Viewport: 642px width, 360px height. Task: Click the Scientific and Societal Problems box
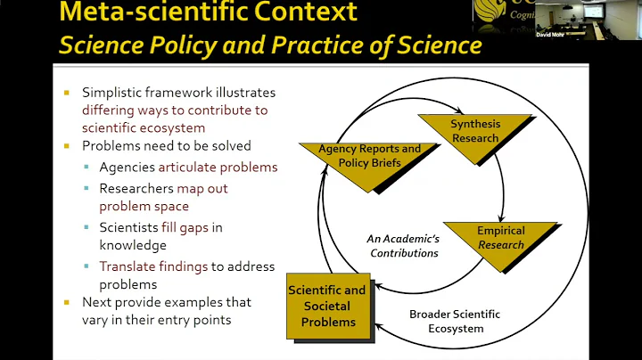(x=327, y=306)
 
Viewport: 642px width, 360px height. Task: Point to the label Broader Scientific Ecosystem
(x=454, y=321)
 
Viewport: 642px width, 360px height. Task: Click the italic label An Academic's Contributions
(x=403, y=246)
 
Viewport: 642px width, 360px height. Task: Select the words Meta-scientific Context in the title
(x=208, y=12)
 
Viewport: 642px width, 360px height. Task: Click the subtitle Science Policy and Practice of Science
(x=270, y=45)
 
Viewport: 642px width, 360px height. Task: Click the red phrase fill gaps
(x=185, y=227)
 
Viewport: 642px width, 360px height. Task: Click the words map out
(x=202, y=188)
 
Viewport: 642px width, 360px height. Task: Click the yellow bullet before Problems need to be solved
(x=67, y=146)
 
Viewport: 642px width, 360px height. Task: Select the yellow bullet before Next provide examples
(x=67, y=303)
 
